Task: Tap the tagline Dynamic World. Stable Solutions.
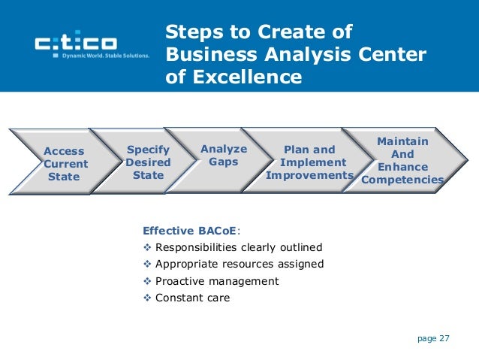(x=104, y=55)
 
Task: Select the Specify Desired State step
(x=148, y=163)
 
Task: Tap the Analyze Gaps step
(x=224, y=156)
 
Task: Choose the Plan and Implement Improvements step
(x=309, y=162)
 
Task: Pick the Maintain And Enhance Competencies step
(x=402, y=160)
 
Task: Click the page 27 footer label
(x=433, y=338)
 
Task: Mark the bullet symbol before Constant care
(x=147, y=298)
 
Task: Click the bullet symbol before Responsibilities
(x=147, y=247)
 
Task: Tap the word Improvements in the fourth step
(x=309, y=176)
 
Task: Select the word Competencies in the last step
(x=402, y=180)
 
